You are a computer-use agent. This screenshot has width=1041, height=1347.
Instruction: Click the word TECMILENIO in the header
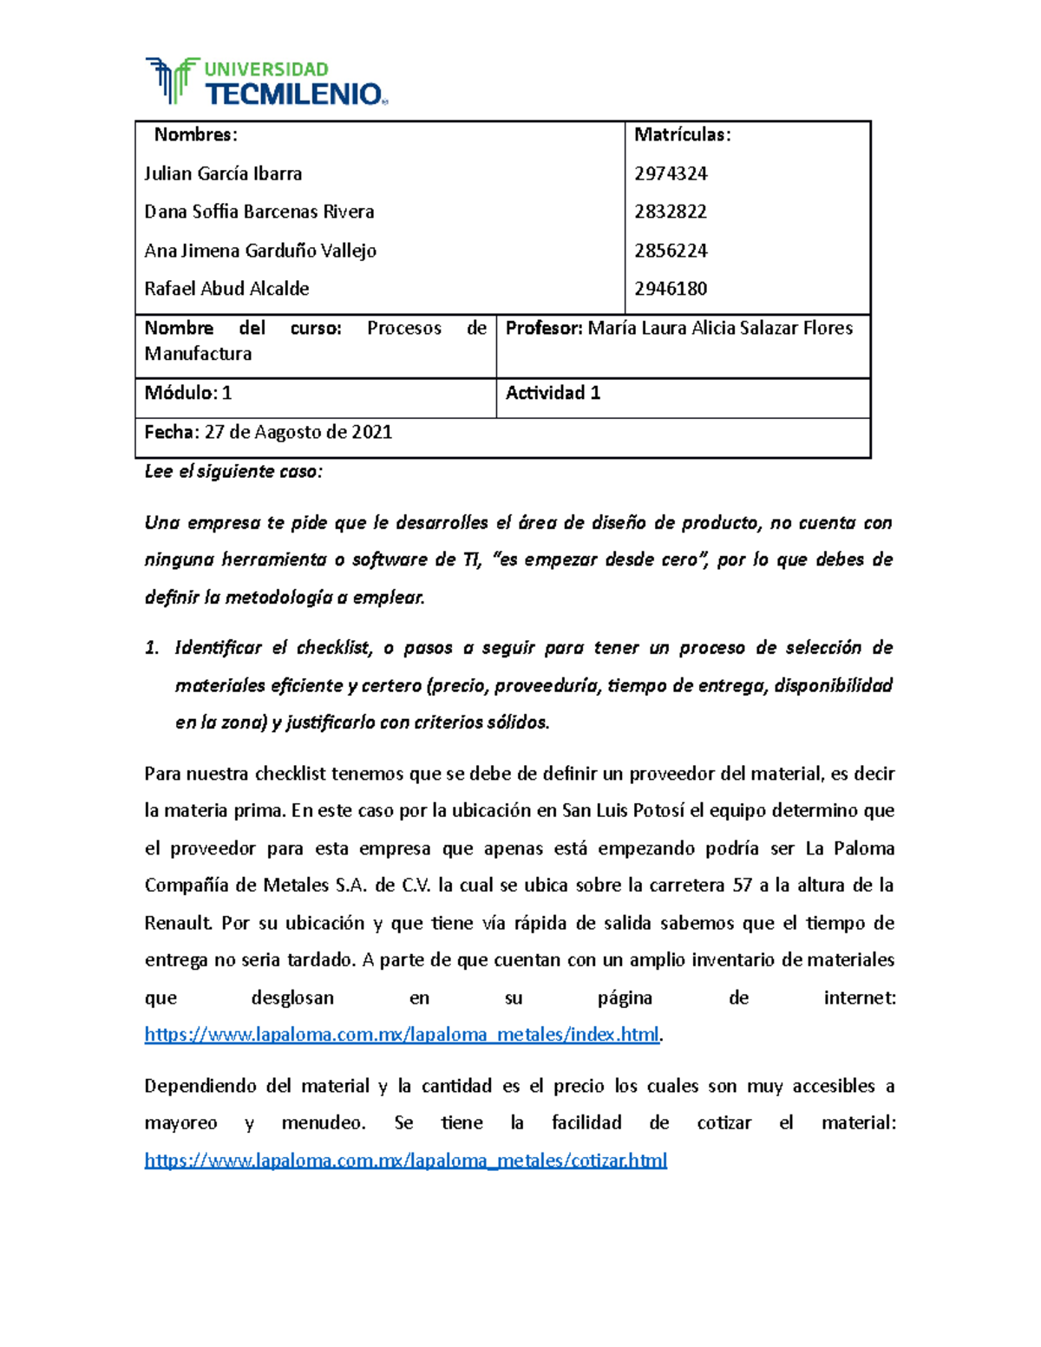click(x=293, y=95)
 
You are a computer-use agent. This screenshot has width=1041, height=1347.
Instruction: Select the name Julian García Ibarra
click(x=223, y=173)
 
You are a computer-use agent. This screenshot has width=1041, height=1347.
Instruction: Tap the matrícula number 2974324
click(x=671, y=173)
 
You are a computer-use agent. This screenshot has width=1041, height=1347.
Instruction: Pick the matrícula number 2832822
click(x=671, y=212)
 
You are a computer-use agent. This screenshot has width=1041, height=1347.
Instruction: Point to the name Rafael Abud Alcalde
click(x=226, y=289)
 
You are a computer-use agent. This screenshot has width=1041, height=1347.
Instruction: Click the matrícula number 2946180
click(x=671, y=289)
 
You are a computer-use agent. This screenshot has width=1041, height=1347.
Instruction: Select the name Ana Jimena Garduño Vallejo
click(x=260, y=251)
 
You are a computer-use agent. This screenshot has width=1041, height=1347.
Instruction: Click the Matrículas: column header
click(x=682, y=134)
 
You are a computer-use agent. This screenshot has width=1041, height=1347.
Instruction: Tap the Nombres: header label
click(x=195, y=134)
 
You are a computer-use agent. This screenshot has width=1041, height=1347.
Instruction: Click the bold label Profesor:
click(x=544, y=328)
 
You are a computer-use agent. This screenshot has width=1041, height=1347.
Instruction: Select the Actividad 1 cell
click(x=553, y=393)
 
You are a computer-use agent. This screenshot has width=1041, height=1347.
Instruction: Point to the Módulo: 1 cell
click(x=187, y=393)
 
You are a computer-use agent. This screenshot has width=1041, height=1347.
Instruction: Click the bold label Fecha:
click(x=172, y=432)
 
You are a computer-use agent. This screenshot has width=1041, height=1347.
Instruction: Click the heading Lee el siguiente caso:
click(x=232, y=472)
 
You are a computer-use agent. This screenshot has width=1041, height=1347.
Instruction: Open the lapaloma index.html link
click(x=402, y=1035)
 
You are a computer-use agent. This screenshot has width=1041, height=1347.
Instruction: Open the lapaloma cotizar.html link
click(x=405, y=1161)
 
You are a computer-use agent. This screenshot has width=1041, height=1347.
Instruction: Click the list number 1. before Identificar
click(x=152, y=648)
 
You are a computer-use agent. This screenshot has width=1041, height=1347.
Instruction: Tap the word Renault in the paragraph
click(x=177, y=923)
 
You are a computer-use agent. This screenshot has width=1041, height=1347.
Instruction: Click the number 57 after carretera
click(x=743, y=886)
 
